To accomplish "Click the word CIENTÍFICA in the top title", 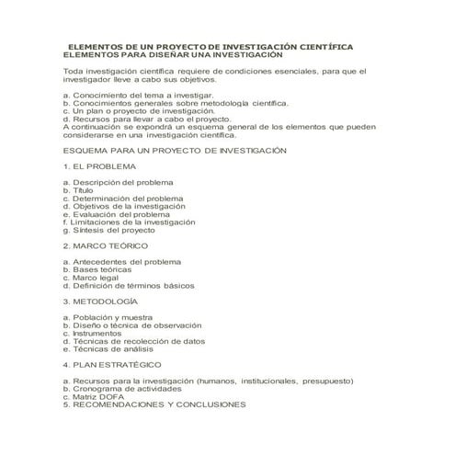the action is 316,46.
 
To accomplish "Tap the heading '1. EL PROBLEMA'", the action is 99,166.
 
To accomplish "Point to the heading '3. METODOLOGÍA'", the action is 101,301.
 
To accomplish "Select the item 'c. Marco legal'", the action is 91,278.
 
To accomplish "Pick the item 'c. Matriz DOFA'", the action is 92,396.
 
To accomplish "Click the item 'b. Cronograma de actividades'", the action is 120,388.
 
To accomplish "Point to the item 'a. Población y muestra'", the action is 108,317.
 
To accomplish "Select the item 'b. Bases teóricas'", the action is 98,269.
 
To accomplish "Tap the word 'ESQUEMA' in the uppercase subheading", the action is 83,151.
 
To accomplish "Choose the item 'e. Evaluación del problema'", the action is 117,214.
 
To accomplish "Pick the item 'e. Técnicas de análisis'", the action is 110,348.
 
